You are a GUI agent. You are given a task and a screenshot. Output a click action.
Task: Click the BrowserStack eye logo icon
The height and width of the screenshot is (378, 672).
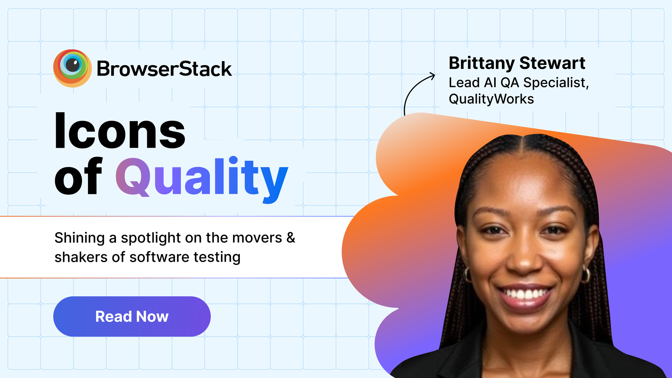pyautogui.click(x=72, y=68)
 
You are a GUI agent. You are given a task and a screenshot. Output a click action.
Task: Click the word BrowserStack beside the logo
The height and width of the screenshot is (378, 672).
pyautogui.click(x=164, y=69)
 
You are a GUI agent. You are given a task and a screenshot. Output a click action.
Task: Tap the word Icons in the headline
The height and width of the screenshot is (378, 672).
pyautogui.click(x=120, y=131)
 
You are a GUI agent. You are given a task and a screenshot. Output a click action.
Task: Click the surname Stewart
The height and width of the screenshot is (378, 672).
pyautogui.click(x=552, y=63)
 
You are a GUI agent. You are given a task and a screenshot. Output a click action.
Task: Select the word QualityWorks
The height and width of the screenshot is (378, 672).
pyautogui.click(x=491, y=99)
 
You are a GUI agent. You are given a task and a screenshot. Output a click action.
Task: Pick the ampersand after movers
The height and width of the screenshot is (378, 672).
pyautogui.click(x=291, y=238)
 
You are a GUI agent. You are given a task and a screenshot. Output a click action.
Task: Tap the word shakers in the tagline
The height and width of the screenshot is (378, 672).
pyautogui.click(x=81, y=257)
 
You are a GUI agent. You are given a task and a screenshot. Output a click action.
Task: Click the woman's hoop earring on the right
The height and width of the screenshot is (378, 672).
pyautogui.click(x=586, y=275)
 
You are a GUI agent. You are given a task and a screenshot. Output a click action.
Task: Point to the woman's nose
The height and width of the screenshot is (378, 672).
pyautogui.click(x=524, y=259)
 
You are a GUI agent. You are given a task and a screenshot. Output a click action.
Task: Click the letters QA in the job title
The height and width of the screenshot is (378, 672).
pyautogui.click(x=510, y=83)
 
